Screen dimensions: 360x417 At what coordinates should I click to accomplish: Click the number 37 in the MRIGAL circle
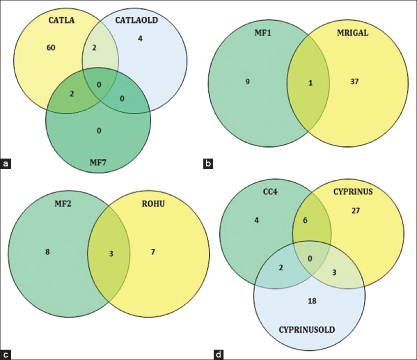pyautogui.click(x=355, y=81)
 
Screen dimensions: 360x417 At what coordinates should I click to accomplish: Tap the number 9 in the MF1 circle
pyautogui.click(x=247, y=82)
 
